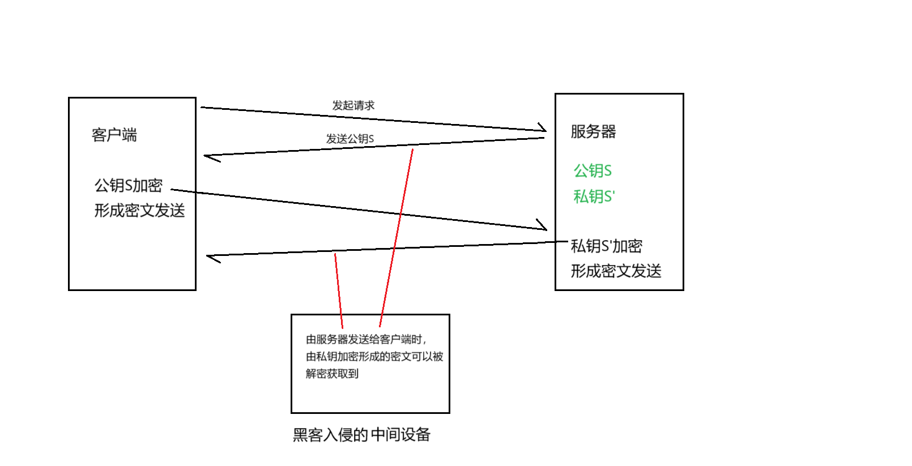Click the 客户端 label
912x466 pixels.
point(114,135)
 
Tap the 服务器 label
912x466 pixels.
point(593,131)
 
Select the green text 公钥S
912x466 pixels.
point(593,170)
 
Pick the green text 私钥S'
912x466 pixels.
point(594,196)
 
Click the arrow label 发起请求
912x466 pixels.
point(353,105)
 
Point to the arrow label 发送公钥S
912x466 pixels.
point(350,139)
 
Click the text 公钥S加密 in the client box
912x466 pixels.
point(129,185)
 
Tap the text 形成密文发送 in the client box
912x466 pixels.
point(139,211)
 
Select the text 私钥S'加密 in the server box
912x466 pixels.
point(606,246)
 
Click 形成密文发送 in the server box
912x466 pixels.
point(616,271)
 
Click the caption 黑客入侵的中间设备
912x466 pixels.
point(361,435)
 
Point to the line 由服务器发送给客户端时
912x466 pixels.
point(366,339)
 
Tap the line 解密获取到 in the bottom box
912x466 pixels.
point(332,374)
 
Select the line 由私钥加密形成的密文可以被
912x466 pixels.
point(374,357)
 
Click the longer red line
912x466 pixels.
point(397,238)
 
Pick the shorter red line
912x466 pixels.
point(339,290)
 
